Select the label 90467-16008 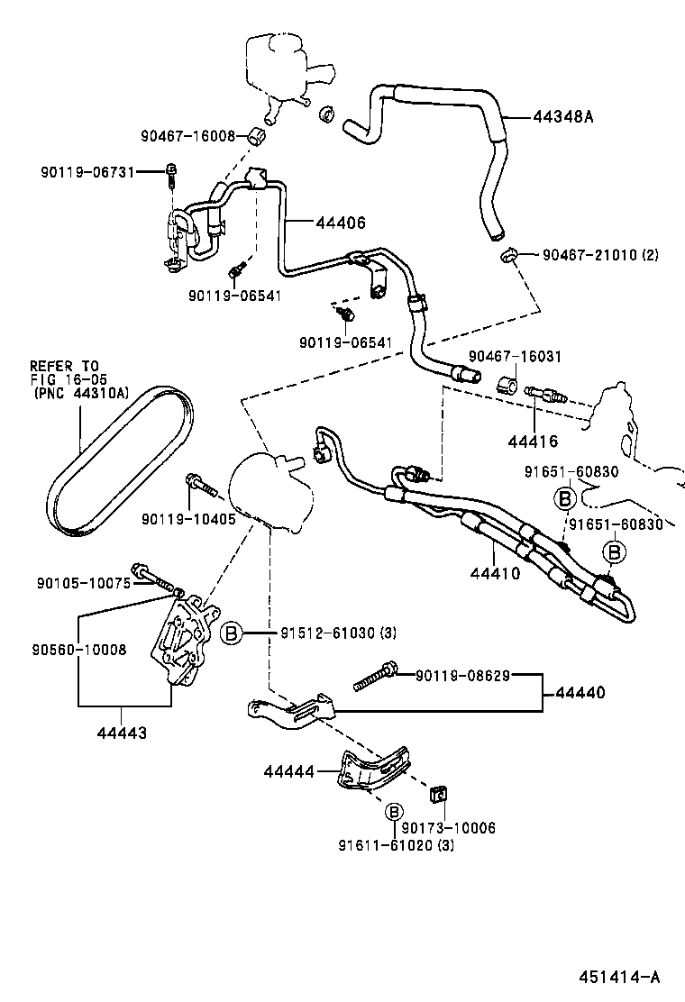(187, 136)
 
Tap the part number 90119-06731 (87, 171)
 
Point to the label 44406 (341, 222)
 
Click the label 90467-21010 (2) (600, 255)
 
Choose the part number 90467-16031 (515, 357)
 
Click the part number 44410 (495, 572)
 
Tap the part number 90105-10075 (84, 583)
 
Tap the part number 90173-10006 (449, 827)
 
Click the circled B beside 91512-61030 (232, 634)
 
